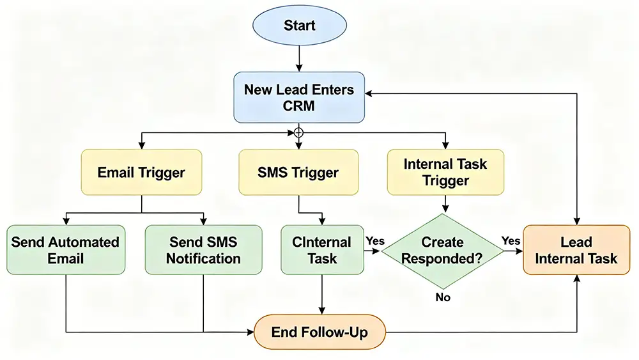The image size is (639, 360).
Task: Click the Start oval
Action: [300, 26]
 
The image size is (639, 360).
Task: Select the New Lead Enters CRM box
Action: [299, 97]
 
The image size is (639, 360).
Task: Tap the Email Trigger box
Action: [141, 172]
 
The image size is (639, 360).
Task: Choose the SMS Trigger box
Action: [298, 172]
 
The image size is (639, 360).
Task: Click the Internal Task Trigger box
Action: [445, 172]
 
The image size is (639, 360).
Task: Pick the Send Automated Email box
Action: [65, 250]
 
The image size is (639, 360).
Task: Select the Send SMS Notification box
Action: [203, 250]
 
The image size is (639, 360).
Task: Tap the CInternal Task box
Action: [321, 250]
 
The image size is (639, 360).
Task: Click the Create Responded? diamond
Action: [442, 250]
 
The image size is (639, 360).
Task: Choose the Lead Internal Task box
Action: [576, 250]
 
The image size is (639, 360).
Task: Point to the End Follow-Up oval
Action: [319, 332]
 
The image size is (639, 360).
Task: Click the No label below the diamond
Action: [442, 297]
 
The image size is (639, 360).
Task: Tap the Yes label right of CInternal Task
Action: [374, 240]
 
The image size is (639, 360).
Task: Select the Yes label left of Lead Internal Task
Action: [511, 240]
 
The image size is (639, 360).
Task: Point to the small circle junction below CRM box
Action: [298, 132]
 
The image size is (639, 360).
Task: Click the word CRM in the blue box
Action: [299, 106]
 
